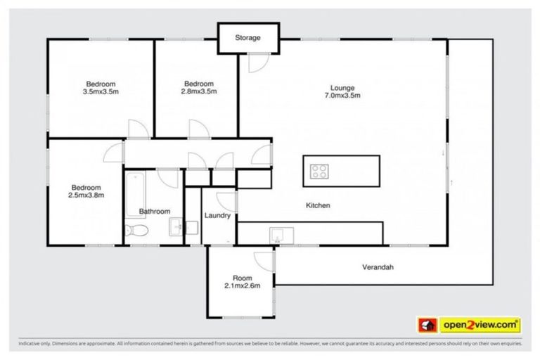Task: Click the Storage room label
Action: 247,38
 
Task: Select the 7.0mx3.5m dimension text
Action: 342,96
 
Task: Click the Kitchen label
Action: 317,205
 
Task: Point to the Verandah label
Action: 378,267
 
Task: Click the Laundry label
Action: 217,216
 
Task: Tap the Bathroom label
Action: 154,211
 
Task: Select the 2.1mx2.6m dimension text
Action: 242,285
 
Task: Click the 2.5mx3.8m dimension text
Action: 87,195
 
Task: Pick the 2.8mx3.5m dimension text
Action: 199,91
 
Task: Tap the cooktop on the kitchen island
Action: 320,171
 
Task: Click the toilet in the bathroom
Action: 136,230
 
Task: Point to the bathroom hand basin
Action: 176,227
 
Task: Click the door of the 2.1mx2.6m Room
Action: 264,259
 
